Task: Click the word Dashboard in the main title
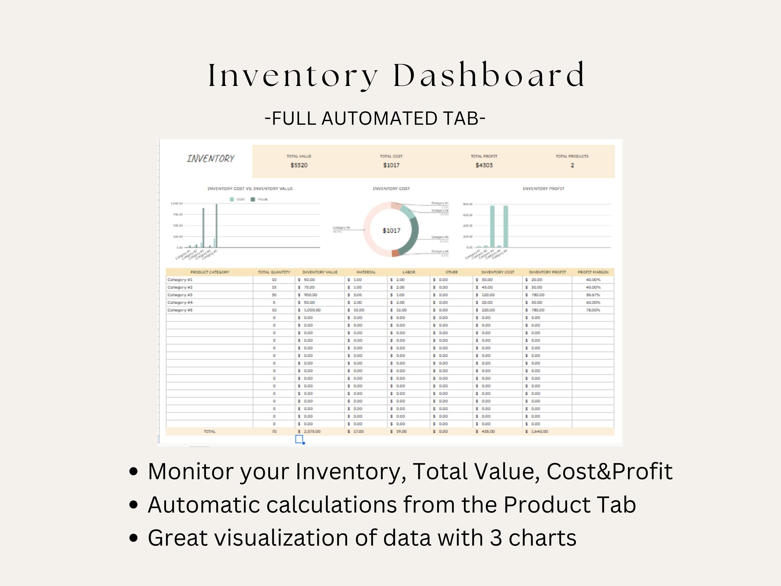tap(489, 75)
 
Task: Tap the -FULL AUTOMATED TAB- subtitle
tap(375, 118)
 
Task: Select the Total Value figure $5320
tap(299, 165)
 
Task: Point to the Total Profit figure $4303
tap(484, 165)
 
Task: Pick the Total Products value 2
tap(572, 165)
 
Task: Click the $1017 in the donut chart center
tap(392, 231)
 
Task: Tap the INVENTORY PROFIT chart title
tap(543, 189)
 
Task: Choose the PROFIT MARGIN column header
tap(593, 272)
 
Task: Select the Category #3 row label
tap(180, 295)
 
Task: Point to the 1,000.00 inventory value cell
tap(312, 310)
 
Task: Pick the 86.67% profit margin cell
tap(593, 295)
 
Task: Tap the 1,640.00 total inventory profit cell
tap(539, 432)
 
